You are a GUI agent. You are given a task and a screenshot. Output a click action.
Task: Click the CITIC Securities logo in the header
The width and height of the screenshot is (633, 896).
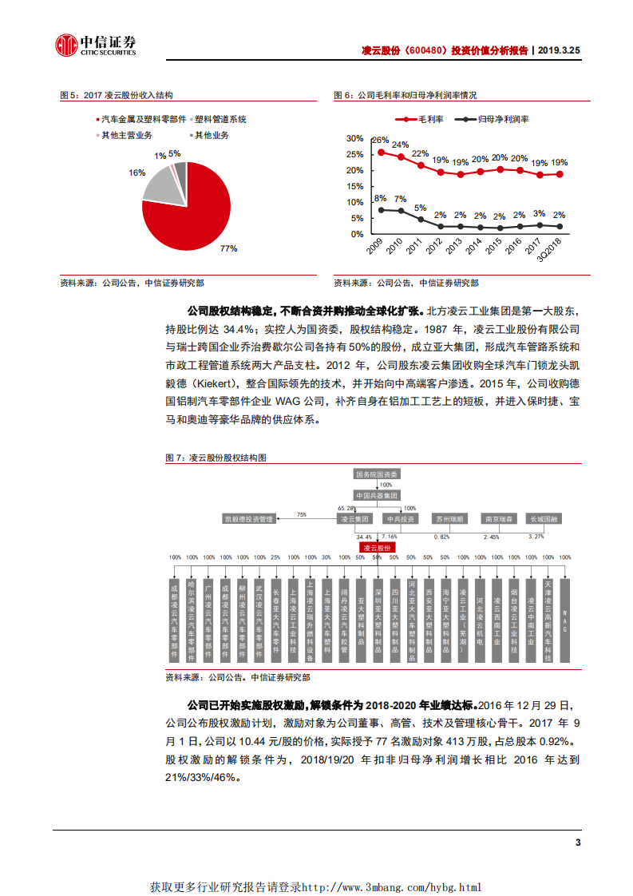click(95, 46)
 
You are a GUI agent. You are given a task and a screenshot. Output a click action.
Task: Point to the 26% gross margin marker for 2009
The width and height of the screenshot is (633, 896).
click(382, 152)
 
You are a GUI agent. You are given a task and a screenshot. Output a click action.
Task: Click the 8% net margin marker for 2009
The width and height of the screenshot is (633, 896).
click(382, 209)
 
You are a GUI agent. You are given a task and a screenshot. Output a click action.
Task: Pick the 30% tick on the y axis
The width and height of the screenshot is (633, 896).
click(355, 138)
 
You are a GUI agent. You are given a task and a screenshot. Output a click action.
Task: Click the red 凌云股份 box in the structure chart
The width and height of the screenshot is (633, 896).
click(377, 549)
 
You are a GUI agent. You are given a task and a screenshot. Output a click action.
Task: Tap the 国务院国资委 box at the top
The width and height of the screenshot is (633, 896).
click(377, 474)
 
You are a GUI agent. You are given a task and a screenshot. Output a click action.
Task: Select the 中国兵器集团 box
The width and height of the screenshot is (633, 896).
click(377, 496)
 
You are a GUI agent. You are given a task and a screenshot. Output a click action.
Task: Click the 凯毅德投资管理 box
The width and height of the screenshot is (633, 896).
click(248, 519)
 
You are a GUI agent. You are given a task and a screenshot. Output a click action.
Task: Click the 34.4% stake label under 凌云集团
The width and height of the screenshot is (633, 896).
click(364, 537)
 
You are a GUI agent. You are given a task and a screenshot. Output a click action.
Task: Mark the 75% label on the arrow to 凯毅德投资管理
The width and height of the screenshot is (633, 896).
click(301, 514)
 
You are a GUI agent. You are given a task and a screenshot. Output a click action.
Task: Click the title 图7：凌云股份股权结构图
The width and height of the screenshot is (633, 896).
click(216, 458)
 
